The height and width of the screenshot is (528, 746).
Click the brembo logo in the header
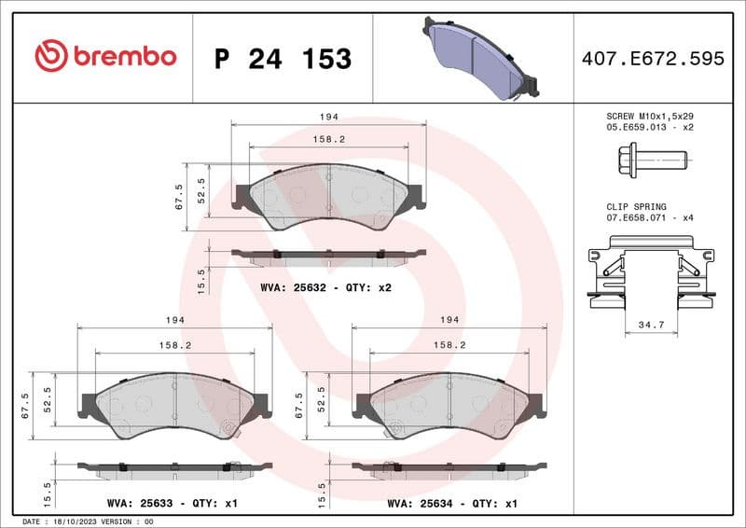pyautogui.click(x=104, y=57)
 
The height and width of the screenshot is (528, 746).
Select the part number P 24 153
pyautogui.click(x=283, y=59)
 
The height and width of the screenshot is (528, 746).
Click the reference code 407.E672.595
pyautogui.click(x=652, y=59)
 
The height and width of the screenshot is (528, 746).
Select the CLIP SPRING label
pyautogui.click(x=636, y=207)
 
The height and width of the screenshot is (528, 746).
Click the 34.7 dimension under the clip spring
pyautogui.click(x=650, y=325)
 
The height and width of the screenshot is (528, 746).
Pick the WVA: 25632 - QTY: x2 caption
pyautogui.click(x=325, y=287)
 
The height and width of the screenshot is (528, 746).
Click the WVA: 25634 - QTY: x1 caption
pyautogui.click(x=451, y=503)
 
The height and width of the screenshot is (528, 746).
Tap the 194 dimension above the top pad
pyautogui.click(x=328, y=118)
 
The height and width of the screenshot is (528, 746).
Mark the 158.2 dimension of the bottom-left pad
pyautogui.click(x=176, y=345)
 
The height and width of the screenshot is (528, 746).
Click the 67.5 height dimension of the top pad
pyautogui.click(x=179, y=196)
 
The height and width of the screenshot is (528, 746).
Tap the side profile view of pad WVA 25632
pyautogui.click(x=328, y=254)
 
